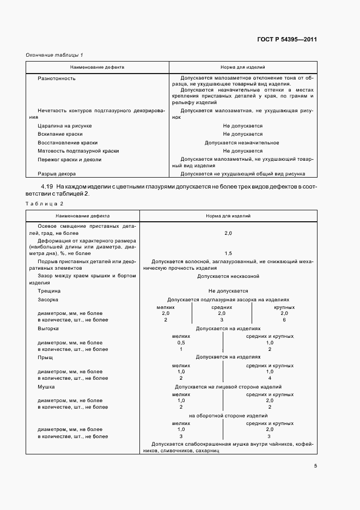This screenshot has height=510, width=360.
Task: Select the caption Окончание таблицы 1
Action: coord(54,55)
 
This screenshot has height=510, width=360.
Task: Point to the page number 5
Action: coord(315,465)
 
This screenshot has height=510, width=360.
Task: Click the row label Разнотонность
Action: coord(56,78)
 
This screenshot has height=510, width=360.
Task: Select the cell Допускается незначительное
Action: coord(242,142)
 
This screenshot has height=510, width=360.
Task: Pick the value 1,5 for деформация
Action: coord(228,253)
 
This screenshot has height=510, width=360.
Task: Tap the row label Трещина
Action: coord(49,291)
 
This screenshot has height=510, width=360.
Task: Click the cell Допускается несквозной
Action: coord(228,276)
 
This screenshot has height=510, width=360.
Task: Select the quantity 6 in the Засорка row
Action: coord(284,320)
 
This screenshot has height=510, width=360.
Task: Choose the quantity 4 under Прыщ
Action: coord(270,378)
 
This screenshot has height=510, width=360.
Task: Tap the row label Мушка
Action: coord(46,386)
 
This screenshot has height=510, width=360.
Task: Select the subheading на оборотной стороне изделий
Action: coord(228,416)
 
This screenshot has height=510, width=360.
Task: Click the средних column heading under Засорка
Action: coord(222,307)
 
